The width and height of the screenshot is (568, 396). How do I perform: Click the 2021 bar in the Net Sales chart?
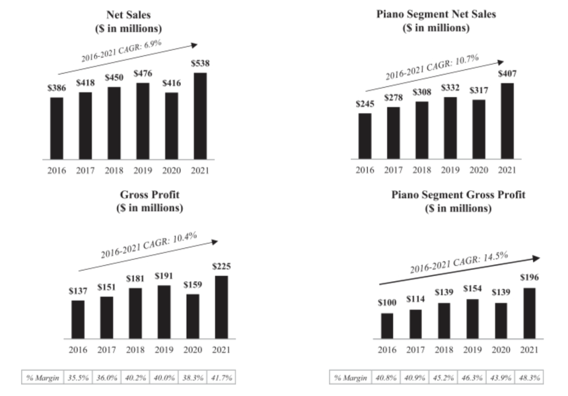click(x=200, y=116)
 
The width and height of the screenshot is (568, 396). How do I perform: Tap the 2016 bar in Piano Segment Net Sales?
click(x=364, y=136)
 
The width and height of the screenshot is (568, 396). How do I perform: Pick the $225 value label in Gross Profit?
click(x=221, y=266)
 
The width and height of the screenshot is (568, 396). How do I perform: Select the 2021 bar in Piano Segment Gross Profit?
click(x=529, y=313)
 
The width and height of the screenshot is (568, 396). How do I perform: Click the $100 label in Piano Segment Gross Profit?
click(x=387, y=303)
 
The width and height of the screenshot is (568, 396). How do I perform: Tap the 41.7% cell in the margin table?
click(x=221, y=378)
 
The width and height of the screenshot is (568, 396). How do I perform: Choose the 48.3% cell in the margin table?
click(x=530, y=378)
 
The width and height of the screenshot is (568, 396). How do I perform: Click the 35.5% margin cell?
click(x=77, y=378)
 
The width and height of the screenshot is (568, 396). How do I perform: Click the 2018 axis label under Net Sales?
click(x=114, y=170)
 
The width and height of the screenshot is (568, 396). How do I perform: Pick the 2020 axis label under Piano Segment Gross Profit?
click(x=501, y=350)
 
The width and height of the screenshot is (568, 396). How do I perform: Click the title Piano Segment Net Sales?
click(x=436, y=14)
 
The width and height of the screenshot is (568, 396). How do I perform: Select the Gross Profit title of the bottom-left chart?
click(x=149, y=195)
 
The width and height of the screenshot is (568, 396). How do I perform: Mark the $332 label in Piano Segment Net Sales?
click(x=450, y=88)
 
